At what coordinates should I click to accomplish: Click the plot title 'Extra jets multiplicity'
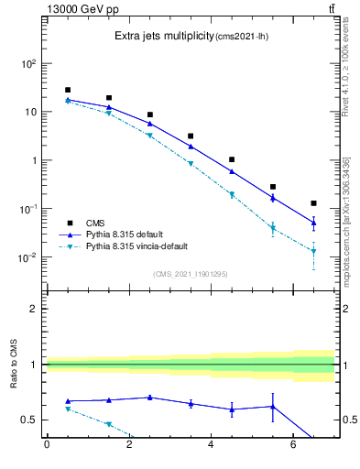162,37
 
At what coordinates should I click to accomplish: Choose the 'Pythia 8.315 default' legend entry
131,234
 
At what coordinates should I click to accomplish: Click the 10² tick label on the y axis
27,64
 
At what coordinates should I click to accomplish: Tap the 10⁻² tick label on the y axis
27,257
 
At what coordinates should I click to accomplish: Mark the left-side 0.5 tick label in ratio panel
29,420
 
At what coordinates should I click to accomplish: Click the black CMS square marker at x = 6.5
314,203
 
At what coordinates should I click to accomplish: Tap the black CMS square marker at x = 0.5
67,90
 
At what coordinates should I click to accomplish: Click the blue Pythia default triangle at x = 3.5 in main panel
191,146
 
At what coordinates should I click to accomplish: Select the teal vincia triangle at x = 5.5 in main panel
273,228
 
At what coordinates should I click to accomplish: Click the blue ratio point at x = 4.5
232,409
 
